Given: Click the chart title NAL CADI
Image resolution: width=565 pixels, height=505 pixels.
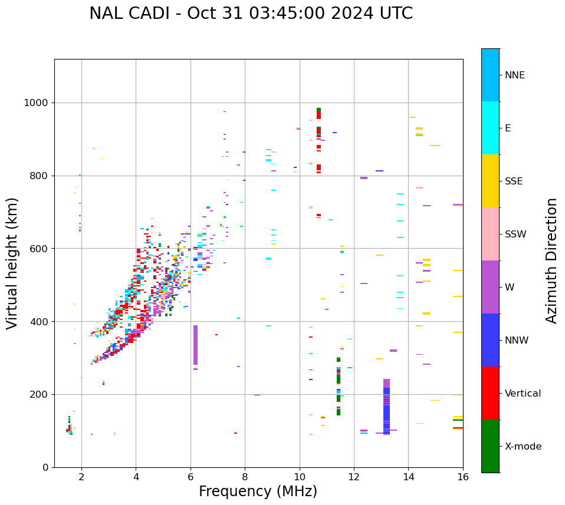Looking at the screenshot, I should [x=251, y=14].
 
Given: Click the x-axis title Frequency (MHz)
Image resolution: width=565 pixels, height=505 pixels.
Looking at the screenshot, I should [x=258, y=491].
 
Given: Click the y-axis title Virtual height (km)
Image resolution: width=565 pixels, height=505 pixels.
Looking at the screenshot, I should [x=12, y=263].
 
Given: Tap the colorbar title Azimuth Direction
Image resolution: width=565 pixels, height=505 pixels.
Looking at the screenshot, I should [x=551, y=260].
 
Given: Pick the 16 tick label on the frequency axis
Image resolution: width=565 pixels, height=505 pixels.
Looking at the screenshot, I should [x=463, y=477].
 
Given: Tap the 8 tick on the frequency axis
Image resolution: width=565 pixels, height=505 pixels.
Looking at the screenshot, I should [x=245, y=477].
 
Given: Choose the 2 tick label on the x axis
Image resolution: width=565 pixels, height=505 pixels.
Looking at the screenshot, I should [x=81, y=477].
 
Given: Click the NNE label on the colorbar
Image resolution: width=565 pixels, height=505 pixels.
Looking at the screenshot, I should [x=515, y=75].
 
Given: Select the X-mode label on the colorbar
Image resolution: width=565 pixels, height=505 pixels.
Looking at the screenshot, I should [x=523, y=447].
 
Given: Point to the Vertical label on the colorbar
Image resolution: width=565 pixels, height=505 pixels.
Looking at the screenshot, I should [x=523, y=394].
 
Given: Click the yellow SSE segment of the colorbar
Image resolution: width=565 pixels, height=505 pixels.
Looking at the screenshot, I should [x=490, y=181].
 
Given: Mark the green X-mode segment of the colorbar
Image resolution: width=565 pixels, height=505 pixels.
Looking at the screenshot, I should [x=490, y=446].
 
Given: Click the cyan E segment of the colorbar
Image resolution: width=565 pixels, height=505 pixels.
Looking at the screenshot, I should [x=490, y=128].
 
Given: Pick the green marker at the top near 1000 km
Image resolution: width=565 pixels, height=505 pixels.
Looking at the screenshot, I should [x=318, y=110].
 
